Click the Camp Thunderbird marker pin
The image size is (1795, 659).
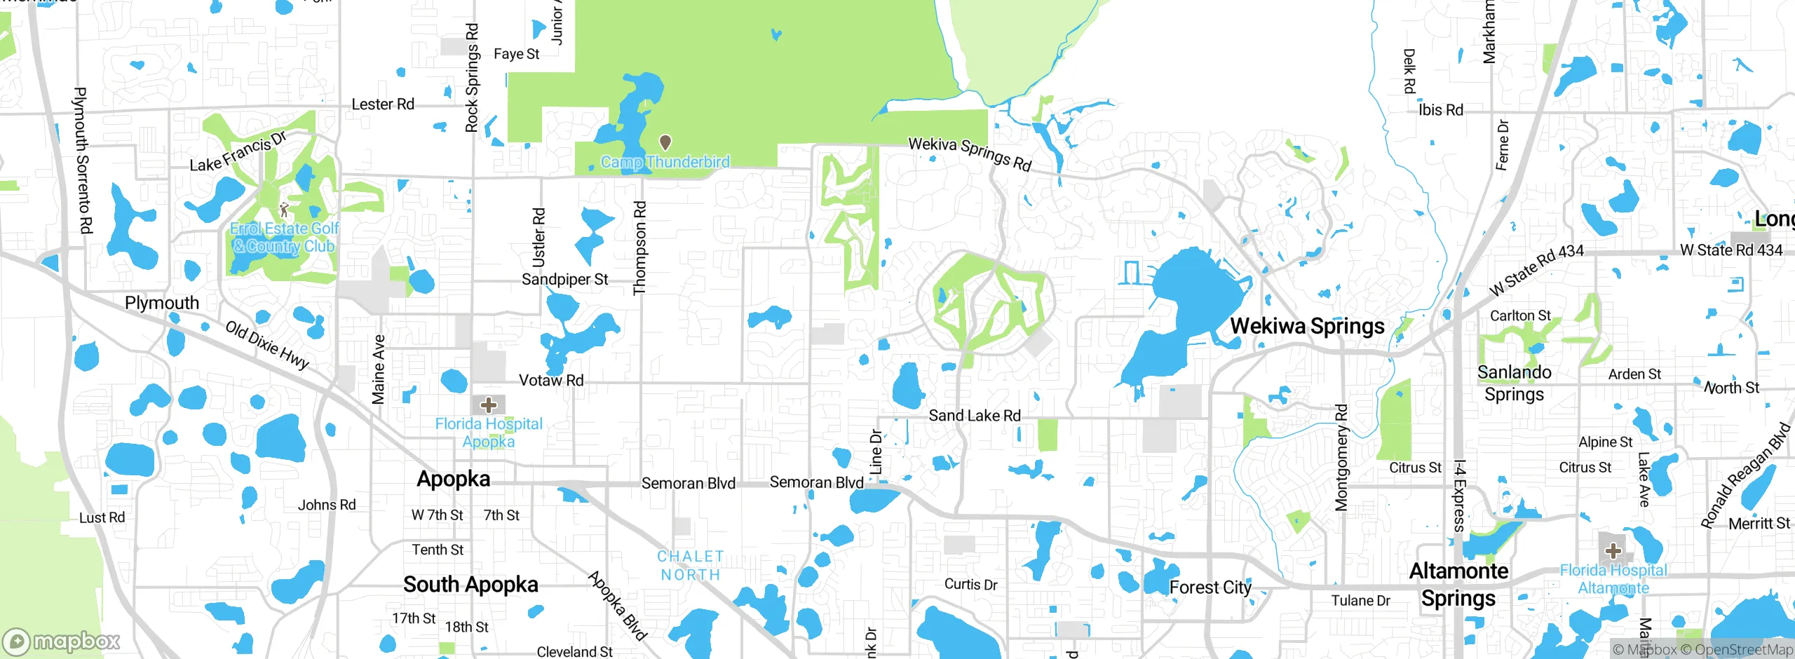tap(665, 143)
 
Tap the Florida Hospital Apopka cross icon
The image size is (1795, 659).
tap(489, 405)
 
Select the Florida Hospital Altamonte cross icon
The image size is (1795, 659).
tap(1613, 550)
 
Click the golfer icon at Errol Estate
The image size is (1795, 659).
tap(283, 210)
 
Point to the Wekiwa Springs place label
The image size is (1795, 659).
tap(1307, 326)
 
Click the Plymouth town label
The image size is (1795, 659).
tap(162, 303)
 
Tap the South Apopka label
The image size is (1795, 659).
tap(470, 584)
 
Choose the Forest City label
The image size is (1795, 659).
tap(1210, 587)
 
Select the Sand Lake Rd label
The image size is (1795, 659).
tap(975, 416)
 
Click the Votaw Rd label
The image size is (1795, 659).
tap(551, 380)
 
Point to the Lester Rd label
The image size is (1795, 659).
tap(383, 104)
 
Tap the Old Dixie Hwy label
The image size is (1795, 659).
tap(267, 344)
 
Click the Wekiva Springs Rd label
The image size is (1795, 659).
tap(970, 153)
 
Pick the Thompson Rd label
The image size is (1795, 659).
tap(639, 248)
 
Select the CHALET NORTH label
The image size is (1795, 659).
tap(690, 565)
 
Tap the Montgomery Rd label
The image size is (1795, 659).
tap(1341, 457)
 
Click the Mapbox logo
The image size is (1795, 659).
tap(62, 641)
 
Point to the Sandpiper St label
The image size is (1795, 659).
tap(564, 279)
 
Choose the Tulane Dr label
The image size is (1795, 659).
tap(1360, 601)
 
